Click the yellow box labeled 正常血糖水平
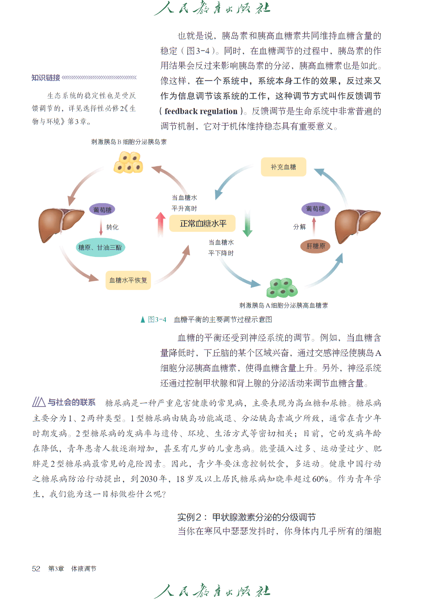[x=202, y=223]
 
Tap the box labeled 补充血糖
[x=283, y=167]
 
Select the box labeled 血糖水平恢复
[x=128, y=280]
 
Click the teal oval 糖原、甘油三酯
[x=100, y=247]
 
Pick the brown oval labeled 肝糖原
[x=315, y=246]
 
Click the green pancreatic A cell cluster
[x=282, y=288]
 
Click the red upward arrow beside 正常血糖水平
[x=160, y=225]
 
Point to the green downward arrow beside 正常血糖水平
[x=248, y=223]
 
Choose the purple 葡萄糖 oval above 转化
[x=102, y=209]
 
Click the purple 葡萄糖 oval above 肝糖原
[x=315, y=209]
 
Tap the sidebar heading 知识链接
[x=46, y=78]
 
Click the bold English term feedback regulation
[x=201, y=111]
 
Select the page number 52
[x=36, y=568]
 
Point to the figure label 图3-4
[x=157, y=319]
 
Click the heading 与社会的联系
[x=71, y=402]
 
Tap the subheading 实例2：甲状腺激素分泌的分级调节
[x=247, y=517]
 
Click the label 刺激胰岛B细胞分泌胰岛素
[x=129, y=142]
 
